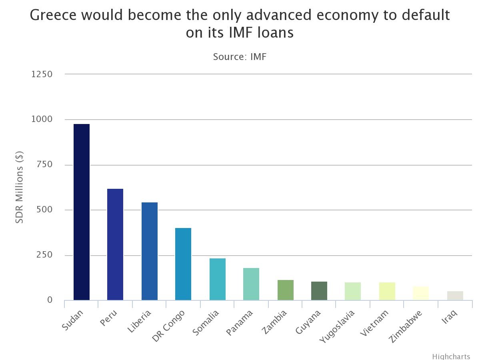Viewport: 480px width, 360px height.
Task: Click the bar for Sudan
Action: pyautogui.click(x=82, y=212)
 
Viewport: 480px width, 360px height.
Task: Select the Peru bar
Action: pyautogui.click(x=115, y=244)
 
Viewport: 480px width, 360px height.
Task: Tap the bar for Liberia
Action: pyautogui.click(x=150, y=251)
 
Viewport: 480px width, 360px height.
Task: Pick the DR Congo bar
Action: pyautogui.click(x=183, y=264)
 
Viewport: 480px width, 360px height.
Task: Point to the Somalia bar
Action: pyautogui.click(x=218, y=279)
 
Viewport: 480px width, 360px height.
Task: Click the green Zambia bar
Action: pyautogui.click(x=286, y=290)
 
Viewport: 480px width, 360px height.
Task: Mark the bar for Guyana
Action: pyautogui.click(x=319, y=291)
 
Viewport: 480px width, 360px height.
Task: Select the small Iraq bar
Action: pyautogui.click(x=455, y=296)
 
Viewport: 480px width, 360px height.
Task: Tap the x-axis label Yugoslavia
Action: pyautogui.click(x=337, y=326)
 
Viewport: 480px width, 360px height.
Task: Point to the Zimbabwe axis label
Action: pyautogui.click(x=406, y=326)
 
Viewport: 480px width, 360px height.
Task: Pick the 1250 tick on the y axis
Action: pyautogui.click(x=42, y=74)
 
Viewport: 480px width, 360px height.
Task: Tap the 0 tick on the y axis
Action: pyautogui.click(x=50, y=300)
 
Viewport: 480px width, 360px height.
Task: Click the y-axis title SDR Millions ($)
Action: pyautogui.click(x=20, y=187)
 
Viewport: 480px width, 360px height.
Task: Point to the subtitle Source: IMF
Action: pyautogui.click(x=240, y=57)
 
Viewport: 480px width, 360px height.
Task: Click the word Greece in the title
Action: pyautogui.click(x=53, y=16)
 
